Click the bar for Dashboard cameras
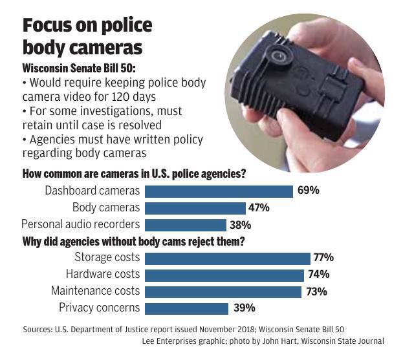[x=219, y=191]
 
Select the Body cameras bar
[x=195, y=207]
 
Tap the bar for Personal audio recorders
[x=186, y=225]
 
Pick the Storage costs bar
[x=228, y=259]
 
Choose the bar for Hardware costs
[x=224, y=275]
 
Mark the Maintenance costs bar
[x=223, y=291]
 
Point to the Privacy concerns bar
[x=187, y=308]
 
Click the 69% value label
[x=309, y=191]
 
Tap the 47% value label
[x=259, y=207]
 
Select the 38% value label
[x=240, y=225]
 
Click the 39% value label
[x=244, y=308]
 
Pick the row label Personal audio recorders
[x=80, y=225]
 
